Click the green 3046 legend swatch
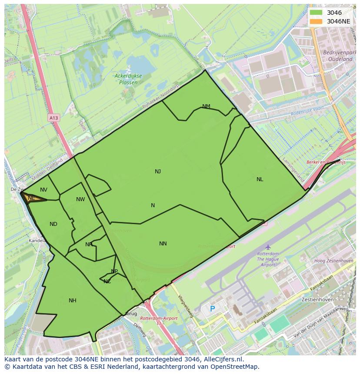point(317,13)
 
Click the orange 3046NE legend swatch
point(317,21)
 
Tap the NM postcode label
point(206,106)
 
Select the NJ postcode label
point(158,172)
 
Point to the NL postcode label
point(260,179)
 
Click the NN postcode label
point(163,244)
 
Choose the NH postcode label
point(73,301)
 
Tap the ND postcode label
point(53,224)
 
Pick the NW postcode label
point(80,199)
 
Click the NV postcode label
point(43,190)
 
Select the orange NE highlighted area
point(32,198)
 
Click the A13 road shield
point(53,118)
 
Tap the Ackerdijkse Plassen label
point(128,79)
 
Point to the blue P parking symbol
point(212,309)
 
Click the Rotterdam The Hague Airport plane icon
point(268,247)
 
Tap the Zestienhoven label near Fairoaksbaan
point(319,300)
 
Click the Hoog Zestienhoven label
point(333,261)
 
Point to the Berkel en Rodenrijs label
point(325,162)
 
